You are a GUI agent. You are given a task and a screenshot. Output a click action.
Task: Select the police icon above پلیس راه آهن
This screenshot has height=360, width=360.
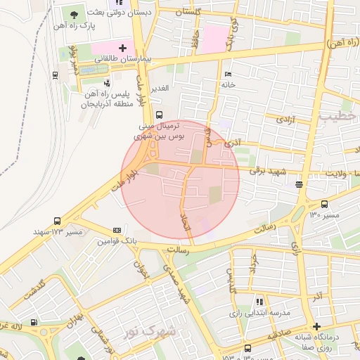106,82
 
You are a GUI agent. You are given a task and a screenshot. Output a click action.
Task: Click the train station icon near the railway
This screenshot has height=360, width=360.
54,74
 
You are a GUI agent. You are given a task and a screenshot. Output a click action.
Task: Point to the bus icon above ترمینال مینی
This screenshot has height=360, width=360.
159,115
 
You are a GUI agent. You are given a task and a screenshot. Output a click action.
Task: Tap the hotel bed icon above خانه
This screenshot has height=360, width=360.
226,75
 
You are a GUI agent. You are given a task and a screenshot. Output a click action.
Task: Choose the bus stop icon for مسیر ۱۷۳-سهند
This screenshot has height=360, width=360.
57,221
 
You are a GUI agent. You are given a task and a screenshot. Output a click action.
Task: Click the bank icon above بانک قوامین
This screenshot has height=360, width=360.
116,230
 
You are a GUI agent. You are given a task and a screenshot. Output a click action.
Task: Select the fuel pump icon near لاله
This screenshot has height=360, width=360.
44,331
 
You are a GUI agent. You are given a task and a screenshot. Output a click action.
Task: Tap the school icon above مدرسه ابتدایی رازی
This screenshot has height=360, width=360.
259,301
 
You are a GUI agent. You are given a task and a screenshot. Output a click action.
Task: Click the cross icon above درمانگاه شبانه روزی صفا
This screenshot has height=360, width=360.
316,327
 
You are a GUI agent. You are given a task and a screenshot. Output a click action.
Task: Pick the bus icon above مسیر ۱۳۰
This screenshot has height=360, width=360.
324,204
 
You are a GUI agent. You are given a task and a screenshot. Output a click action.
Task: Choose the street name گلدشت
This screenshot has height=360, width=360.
34,291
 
